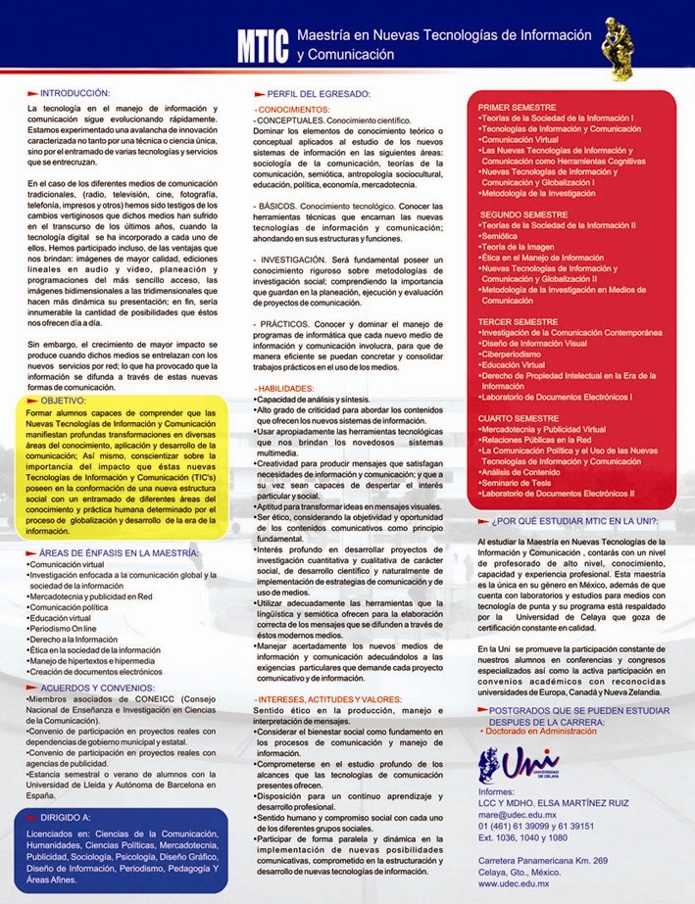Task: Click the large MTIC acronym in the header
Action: (263, 43)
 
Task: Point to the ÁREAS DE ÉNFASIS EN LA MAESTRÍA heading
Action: (116, 553)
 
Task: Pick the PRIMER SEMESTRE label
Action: (518, 107)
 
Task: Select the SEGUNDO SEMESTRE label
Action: (524, 214)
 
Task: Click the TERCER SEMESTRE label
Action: (520, 321)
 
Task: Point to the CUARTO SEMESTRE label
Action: (520, 418)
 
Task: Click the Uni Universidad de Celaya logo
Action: (519, 765)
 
